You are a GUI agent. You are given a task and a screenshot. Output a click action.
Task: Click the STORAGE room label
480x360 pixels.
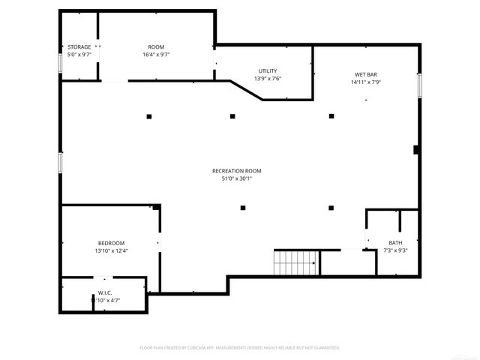pos(79,47)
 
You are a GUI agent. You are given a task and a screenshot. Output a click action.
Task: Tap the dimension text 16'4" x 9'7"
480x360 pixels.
pos(156,55)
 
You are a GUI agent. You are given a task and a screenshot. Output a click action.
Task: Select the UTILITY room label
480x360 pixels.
pos(268,70)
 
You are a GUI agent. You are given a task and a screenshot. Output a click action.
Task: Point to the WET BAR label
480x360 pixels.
pos(366,75)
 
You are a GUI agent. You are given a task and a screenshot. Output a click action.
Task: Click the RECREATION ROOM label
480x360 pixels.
pos(236,171)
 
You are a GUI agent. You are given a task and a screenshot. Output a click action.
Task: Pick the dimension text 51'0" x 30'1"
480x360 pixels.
pos(236,178)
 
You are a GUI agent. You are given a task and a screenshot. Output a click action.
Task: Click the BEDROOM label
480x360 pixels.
pos(111,243)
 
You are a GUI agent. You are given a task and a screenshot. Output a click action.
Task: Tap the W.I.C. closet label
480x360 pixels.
pos(105,293)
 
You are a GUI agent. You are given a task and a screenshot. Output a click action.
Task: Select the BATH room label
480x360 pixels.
pos(395,242)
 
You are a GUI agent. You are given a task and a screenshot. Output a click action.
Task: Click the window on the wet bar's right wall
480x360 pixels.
pos(421,85)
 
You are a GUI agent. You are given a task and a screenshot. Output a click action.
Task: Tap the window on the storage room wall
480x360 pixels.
pos(60,61)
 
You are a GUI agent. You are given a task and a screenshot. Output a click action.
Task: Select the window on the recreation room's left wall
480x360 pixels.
pos(60,164)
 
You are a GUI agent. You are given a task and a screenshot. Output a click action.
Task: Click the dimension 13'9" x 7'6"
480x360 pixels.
pos(268,78)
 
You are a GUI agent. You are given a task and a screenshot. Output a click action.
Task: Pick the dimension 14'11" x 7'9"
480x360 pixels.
pos(366,82)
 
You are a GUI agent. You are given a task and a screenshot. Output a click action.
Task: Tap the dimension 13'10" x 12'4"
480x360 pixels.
pos(111,250)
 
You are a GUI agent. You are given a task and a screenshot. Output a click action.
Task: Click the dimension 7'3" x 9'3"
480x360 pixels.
pos(395,250)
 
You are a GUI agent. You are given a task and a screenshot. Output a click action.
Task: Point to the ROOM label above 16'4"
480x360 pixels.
pos(156,47)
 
